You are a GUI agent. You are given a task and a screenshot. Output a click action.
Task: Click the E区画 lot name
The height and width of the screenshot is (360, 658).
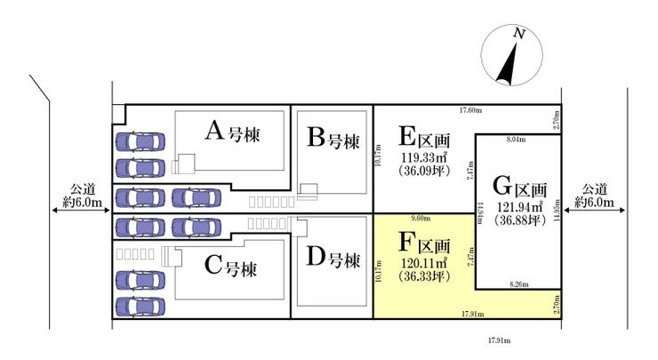pos(424,138)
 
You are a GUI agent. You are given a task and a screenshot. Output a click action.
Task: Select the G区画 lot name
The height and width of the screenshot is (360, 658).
pos(519,188)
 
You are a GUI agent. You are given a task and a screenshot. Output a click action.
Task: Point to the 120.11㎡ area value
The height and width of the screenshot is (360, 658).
pos(424,263)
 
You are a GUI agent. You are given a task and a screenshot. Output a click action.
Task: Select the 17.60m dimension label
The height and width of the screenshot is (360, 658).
pos(470,110)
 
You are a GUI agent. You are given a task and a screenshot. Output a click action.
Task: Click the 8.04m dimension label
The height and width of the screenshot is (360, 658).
pos(516,140)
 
